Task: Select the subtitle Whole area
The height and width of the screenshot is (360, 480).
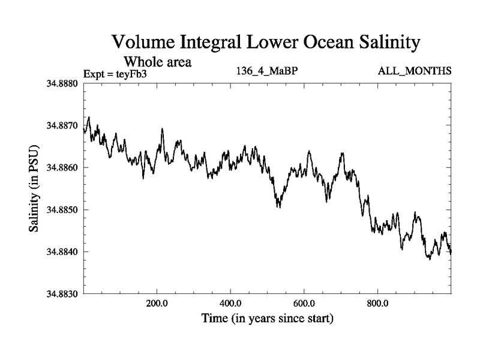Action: click(157, 61)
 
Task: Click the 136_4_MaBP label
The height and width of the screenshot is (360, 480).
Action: click(268, 71)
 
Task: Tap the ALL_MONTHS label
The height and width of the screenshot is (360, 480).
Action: click(415, 71)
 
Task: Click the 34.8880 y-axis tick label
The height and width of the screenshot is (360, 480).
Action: click(62, 83)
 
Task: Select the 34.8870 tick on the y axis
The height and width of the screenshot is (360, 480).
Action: click(62, 125)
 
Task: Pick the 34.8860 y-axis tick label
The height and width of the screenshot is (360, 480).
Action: click(62, 167)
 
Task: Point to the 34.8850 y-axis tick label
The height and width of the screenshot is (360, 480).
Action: click(62, 209)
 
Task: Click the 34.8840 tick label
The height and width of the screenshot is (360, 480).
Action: click(62, 251)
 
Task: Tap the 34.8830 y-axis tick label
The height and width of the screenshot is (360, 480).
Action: click(62, 293)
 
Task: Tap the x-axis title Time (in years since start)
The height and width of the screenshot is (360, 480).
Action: click(267, 318)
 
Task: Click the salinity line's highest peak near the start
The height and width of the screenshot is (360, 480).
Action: click(89, 118)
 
